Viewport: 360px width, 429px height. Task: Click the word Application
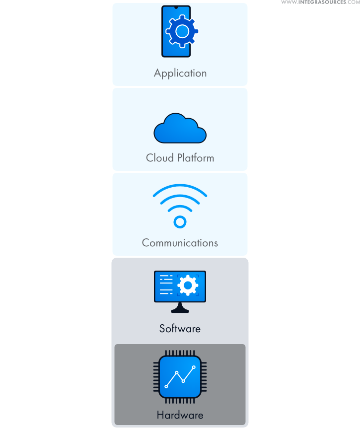tap(180, 73)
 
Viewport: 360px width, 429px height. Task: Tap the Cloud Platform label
tap(180, 158)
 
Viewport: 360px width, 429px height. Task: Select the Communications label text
tap(180, 243)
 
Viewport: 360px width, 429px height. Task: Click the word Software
tap(180, 329)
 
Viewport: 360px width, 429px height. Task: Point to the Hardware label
tap(180, 415)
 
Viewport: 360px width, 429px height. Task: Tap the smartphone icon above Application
tap(176, 31)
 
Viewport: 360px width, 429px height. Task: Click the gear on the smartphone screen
tap(182, 32)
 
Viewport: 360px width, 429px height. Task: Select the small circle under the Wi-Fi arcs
tap(180, 221)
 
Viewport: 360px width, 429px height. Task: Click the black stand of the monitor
tap(180, 308)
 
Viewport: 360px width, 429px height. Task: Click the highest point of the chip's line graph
tap(194, 367)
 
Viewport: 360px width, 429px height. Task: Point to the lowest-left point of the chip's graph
tap(166, 386)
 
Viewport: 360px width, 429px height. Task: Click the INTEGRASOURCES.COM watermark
tap(320, 2)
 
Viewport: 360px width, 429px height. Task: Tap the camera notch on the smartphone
tap(176, 7)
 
